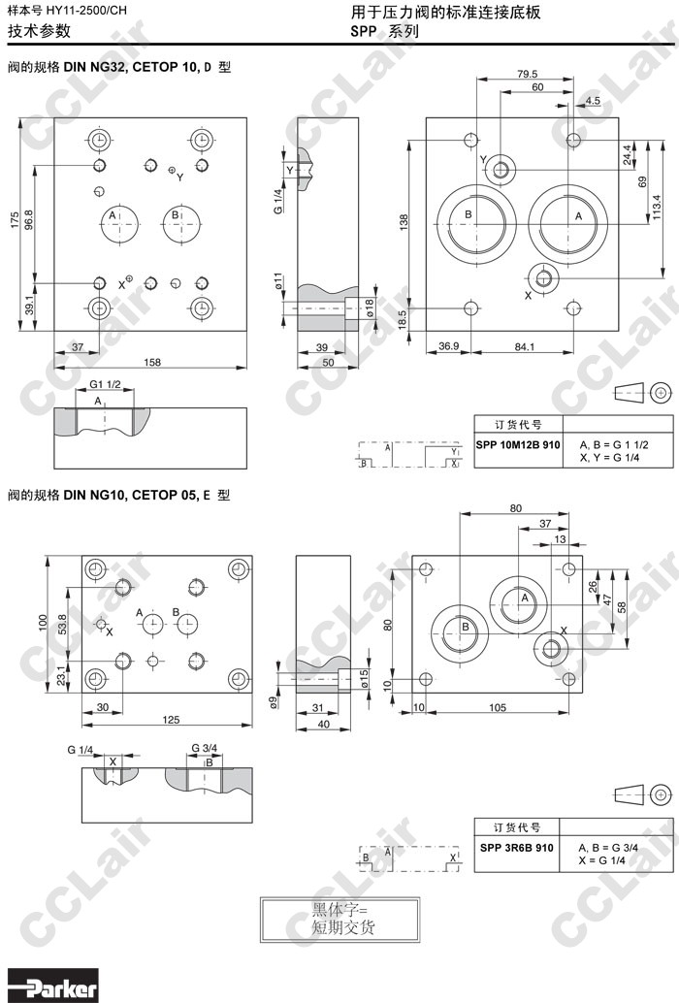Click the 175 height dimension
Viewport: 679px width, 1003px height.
pyautogui.click(x=15, y=220)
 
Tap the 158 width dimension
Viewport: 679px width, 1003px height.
pyautogui.click(x=152, y=362)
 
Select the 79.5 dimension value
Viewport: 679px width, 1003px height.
pyautogui.click(x=527, y=75)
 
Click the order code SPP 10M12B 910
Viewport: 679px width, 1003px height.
pyautogui.click(x=518, y=443)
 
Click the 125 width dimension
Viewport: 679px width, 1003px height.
pyautogui.click(x=171, y=719)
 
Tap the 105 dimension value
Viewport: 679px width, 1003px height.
pyautogui.click(x=499, y=707)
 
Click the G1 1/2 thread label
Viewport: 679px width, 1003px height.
pyautogui.click(x=105, y=386)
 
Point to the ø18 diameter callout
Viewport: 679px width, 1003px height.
pyautogui.click(x=370, y=309)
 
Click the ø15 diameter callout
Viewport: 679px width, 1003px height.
pyautogui.click(x=367, y=676)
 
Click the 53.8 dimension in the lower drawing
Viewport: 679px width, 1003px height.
pyautogui.click(x=62, y=626)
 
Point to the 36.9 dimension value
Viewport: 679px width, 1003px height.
pyautogui.click(x=448, y=346)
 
